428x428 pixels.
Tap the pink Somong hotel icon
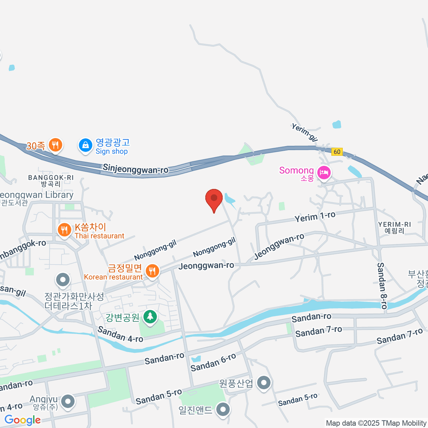coord(324,173)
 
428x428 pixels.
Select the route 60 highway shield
coord(337,152)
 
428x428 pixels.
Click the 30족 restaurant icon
coord(55,145)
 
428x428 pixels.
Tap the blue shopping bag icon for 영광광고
coord(86,146)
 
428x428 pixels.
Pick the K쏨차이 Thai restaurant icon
coord(64,230)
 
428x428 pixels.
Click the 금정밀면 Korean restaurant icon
coord(152,271)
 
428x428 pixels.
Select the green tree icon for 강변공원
coord(150,316)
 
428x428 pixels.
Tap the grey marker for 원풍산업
coord(264,383)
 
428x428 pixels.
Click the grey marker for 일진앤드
coord(223,409)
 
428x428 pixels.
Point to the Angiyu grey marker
coord(68,402)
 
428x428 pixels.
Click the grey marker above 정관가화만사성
coord(63,280)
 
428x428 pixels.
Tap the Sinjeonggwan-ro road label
coord(136,169)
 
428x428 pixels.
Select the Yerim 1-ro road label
coord(315,216)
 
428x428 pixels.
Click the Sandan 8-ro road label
coord(382,285)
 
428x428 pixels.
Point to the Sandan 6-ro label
coord(213,362)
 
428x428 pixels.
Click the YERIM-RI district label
coord(394,224)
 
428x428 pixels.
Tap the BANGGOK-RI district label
coord(51,178)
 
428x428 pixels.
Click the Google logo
coord(22,420)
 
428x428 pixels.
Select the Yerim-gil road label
coord(304,132)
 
